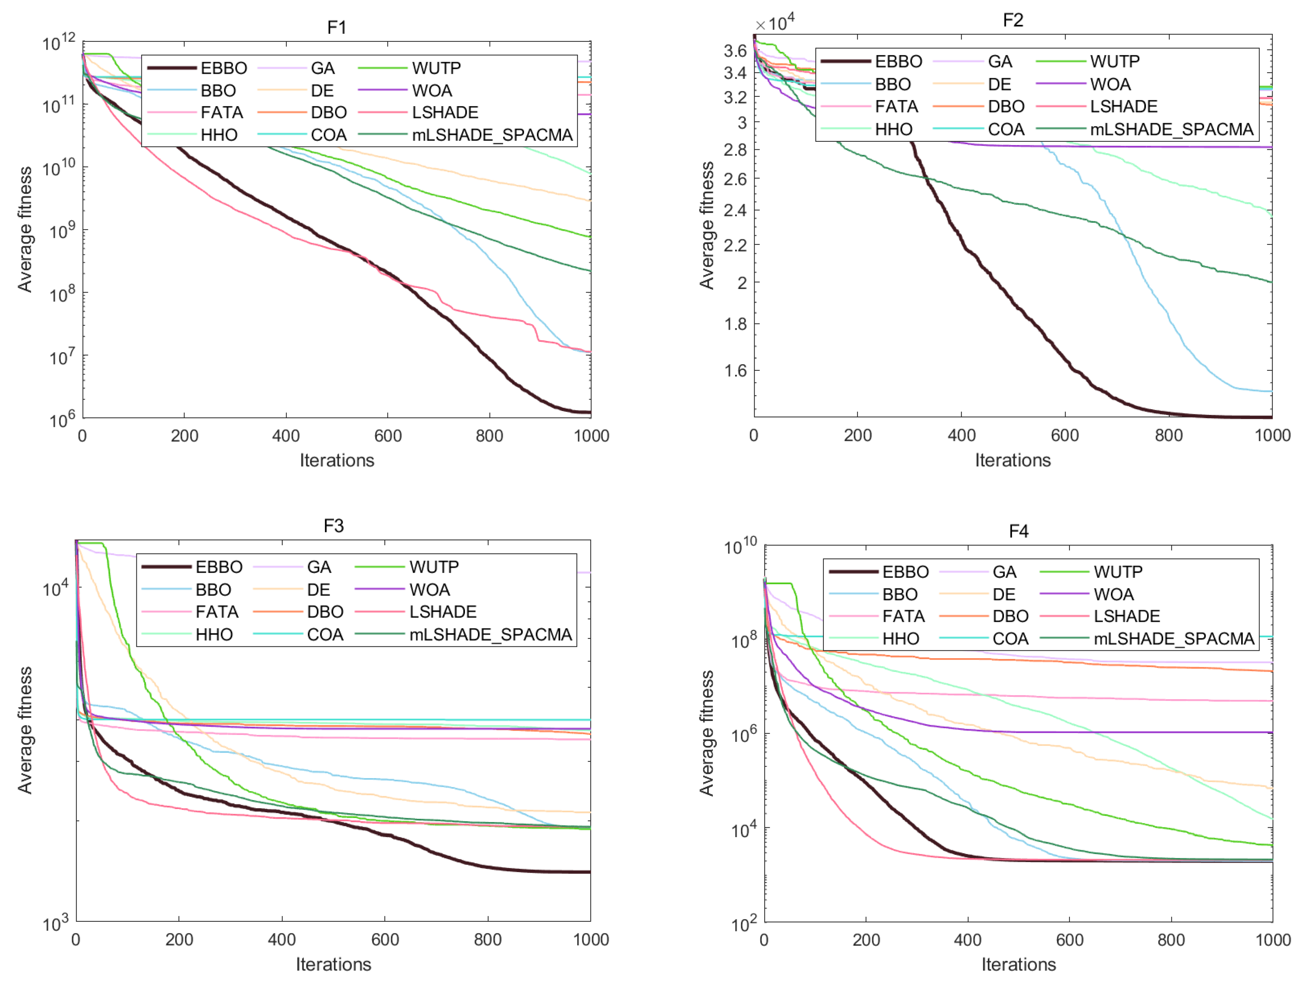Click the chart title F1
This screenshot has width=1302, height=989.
337,28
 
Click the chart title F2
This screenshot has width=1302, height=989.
1013,21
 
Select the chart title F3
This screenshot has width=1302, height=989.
334,526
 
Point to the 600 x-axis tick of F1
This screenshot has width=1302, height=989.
388,435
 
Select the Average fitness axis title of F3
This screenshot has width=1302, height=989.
25,730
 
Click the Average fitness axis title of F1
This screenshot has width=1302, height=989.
25,229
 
